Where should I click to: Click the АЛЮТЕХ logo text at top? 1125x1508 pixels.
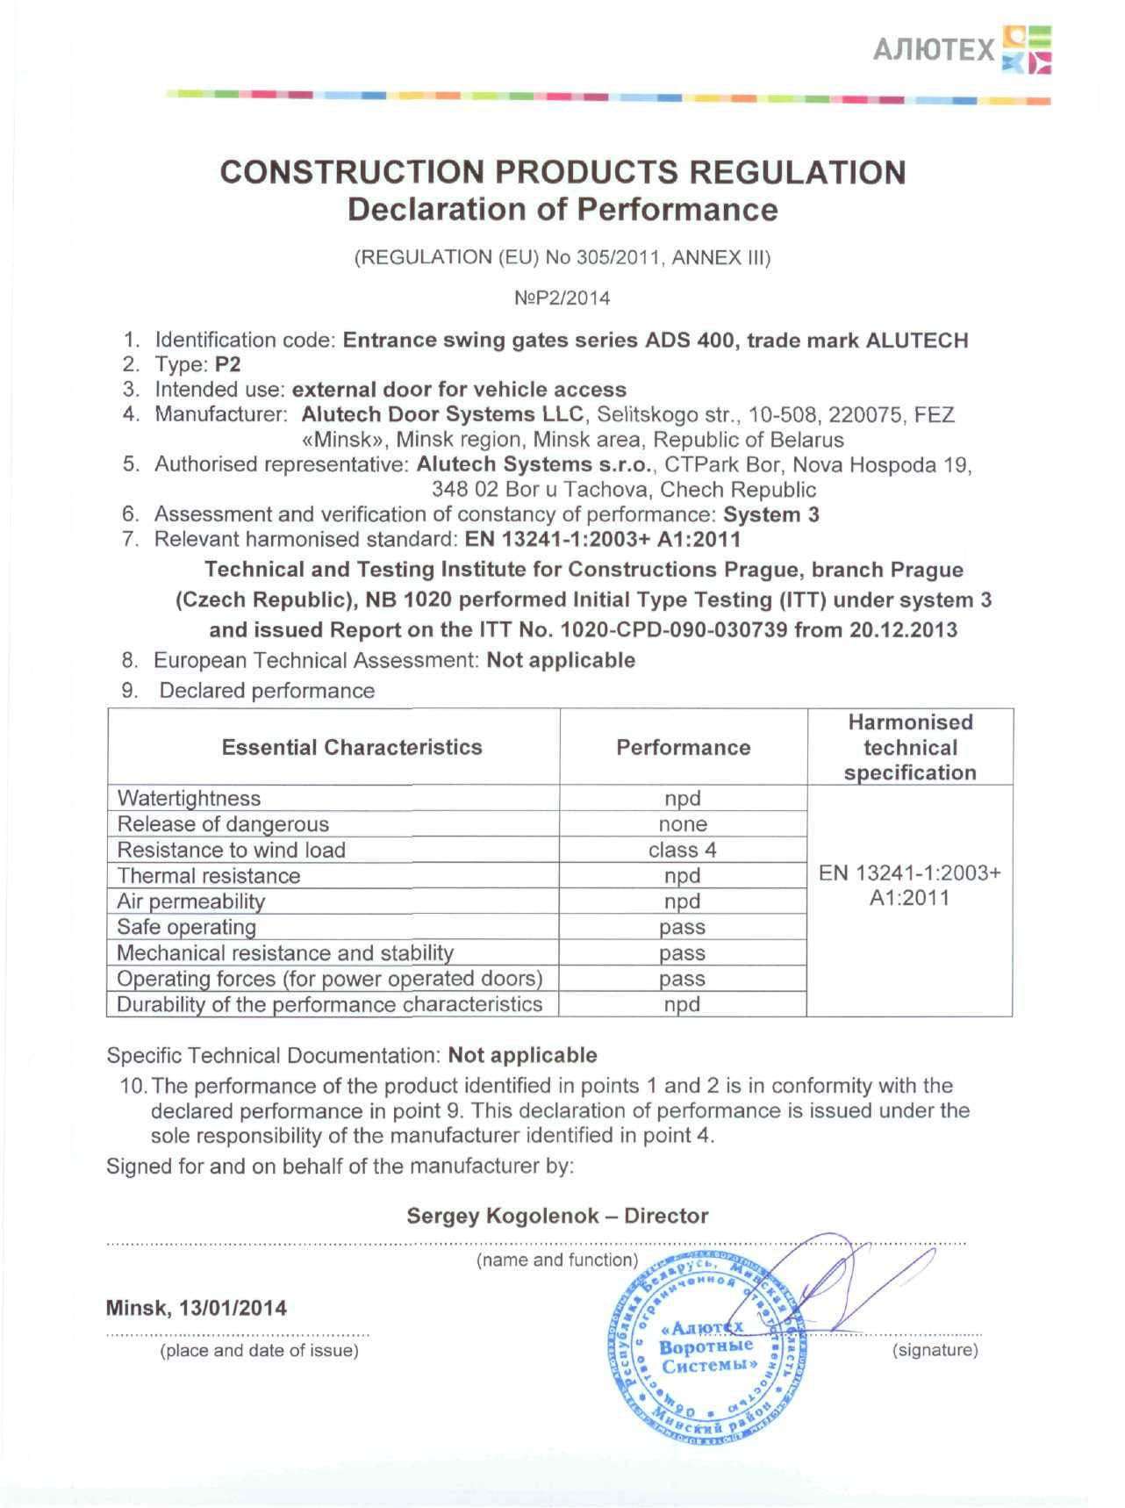pos(934,50)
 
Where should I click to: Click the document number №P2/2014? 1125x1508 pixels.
pos(562,298)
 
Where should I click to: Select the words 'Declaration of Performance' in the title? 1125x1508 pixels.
pos(562,210)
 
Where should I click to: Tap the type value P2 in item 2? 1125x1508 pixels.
pos(227,364)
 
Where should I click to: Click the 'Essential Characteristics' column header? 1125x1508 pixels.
pos(352,747)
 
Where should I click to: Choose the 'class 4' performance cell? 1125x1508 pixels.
pos(683,850)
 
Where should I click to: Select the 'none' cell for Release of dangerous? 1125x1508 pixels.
pos(683,824)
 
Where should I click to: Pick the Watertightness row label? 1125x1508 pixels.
pos(189,798)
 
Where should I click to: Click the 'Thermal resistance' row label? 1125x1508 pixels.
pos(209,875)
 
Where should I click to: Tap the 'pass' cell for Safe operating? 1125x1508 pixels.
pos(683,927)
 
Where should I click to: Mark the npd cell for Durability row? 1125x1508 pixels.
pos(683,1004)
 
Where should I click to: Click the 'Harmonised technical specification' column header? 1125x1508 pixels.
pos(910,747)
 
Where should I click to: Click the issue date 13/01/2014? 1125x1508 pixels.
pos(233,1308)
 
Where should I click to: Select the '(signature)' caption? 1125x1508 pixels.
pos(935,1350)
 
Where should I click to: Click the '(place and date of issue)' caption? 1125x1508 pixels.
pos(259,1351)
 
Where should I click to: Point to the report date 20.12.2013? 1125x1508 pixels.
pos(903,630)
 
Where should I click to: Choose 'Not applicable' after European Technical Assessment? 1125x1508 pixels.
pos(561,660)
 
